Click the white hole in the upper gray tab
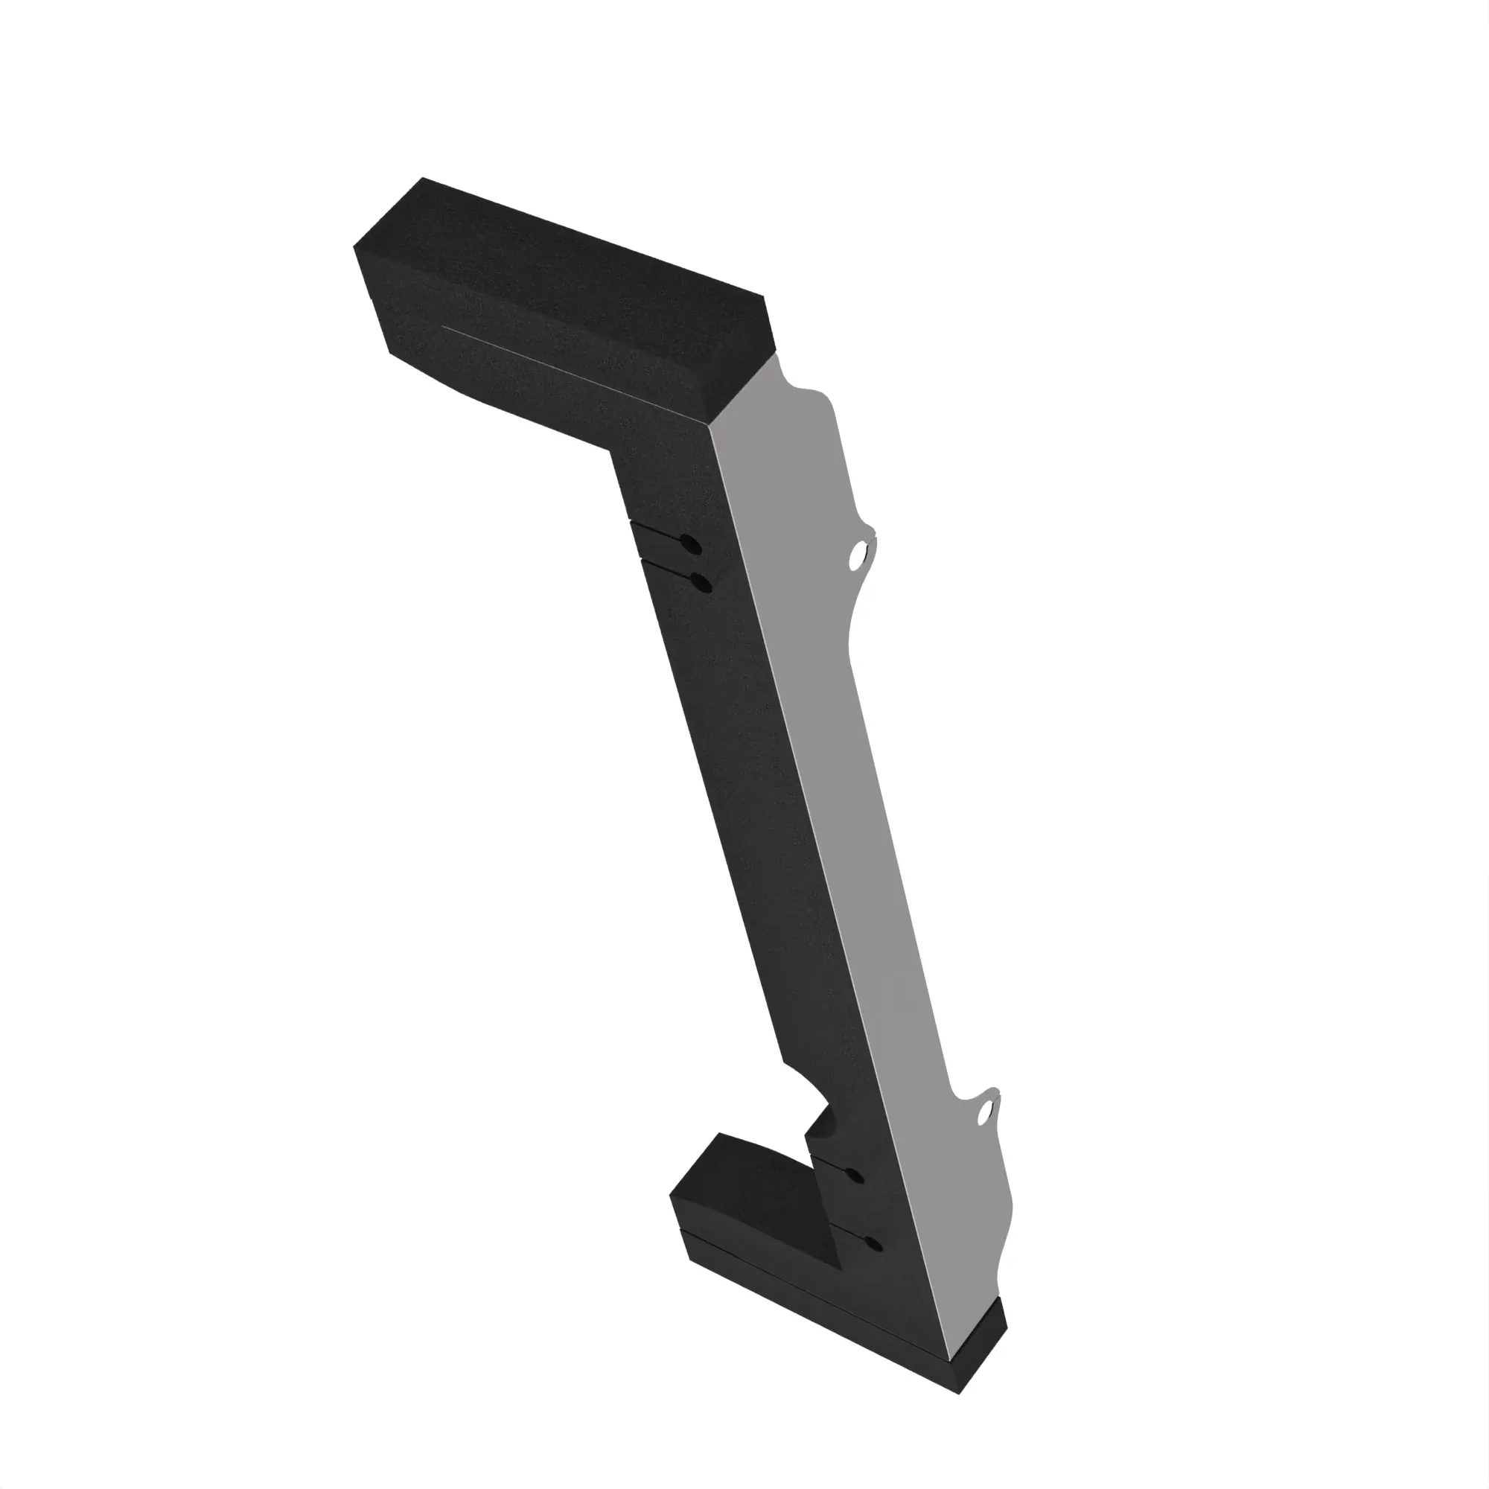(856, 555)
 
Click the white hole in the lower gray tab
(986, 1112)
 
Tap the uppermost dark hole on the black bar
(693, 546)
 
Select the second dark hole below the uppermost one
(702, 584)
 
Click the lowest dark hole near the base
(873, 1243)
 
